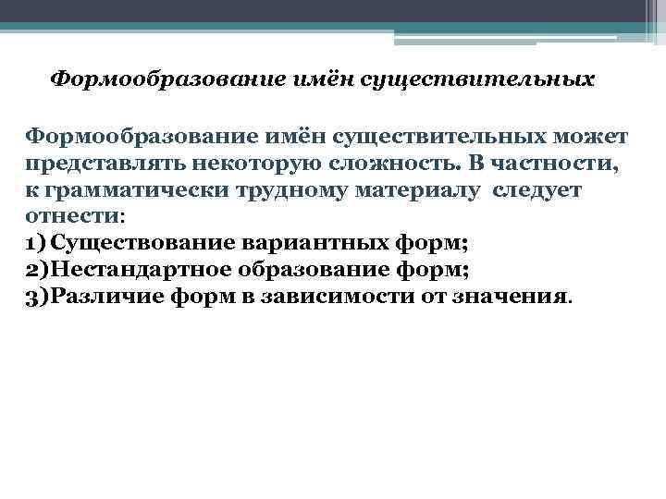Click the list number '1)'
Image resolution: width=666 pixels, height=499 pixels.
36,245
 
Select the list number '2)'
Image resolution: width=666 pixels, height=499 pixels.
38,272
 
